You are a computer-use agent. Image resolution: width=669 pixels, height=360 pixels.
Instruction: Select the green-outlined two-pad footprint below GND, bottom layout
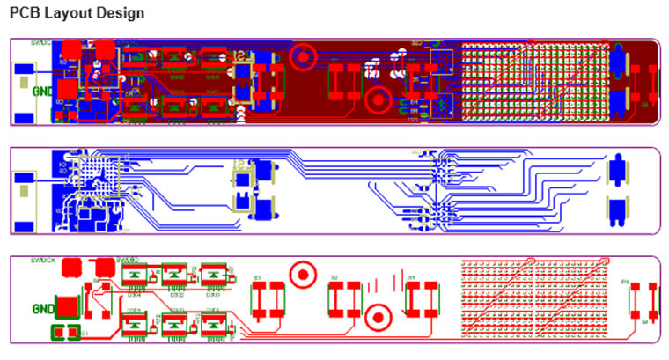pos(67,333)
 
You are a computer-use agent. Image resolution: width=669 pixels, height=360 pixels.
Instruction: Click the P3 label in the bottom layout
pos(625,283)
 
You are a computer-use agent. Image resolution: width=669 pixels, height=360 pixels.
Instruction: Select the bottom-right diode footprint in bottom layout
pos(213,326)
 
